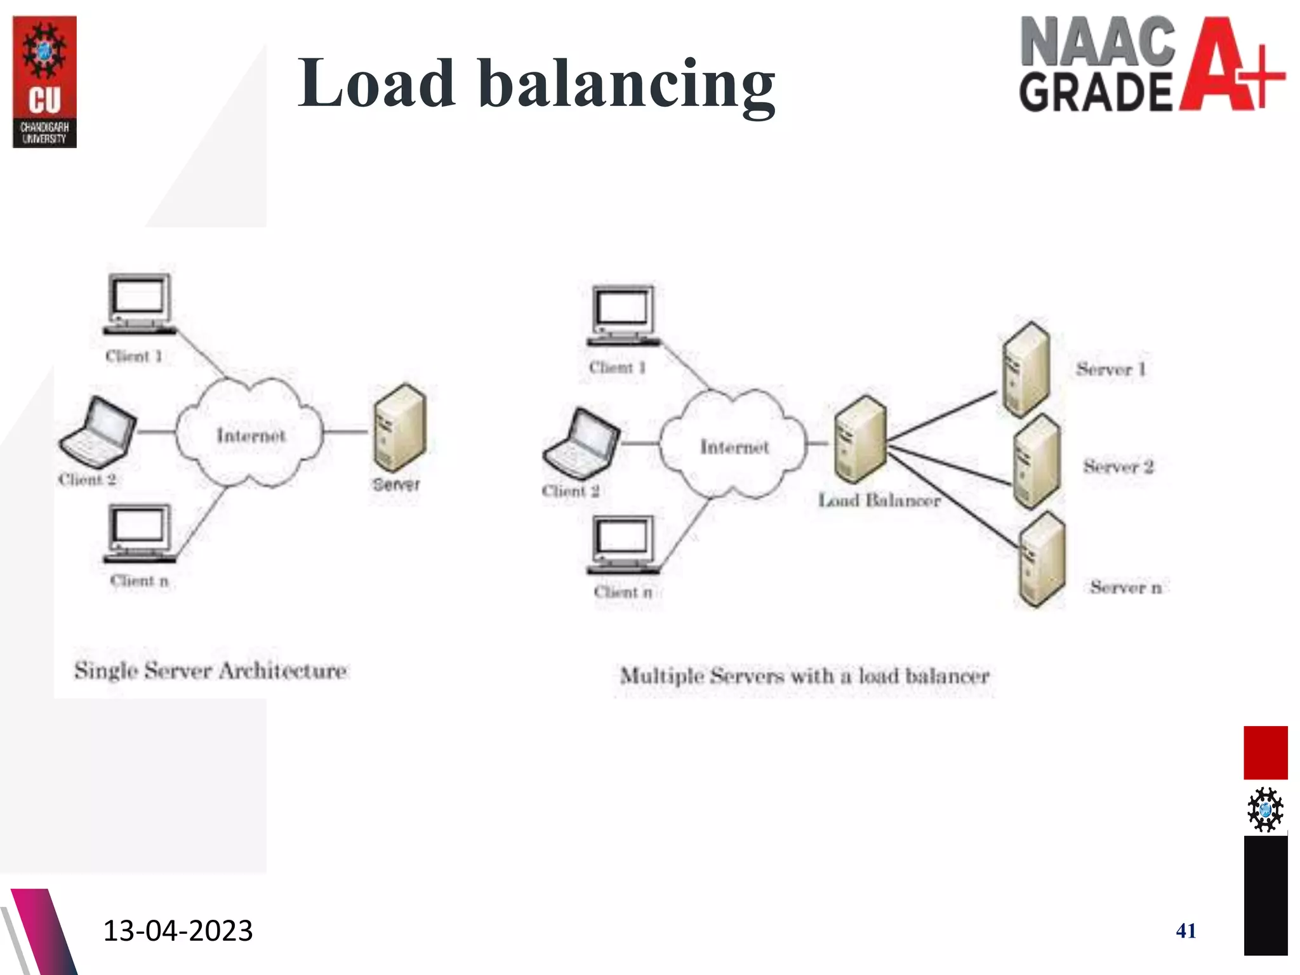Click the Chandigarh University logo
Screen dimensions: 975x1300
click(x=44, y=82)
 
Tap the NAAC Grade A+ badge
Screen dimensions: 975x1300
click(x=1151, y=64)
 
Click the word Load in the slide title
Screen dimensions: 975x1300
click(x=376, y=83)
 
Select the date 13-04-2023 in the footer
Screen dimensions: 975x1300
click(x=178, y=931)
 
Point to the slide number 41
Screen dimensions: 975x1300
click(x=1186, y=931)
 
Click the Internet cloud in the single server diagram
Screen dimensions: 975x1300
click(x=249, y=434)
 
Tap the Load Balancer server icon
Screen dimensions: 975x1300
click(x=859, y=440)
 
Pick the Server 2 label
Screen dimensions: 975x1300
click(x=1118, y=467)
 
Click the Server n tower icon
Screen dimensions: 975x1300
click(x=1041, y=561)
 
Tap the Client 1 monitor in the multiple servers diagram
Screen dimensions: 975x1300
click(x=623, y=315)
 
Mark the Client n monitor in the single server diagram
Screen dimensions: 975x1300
click(x=139, y=533)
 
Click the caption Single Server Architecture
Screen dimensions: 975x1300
click(x=211, y=671)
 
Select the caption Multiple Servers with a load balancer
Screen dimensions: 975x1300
click(x=804, y=676)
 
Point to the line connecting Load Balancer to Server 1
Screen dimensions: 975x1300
click(x=943, y=416)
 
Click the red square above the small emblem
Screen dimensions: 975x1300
click(x=1265, y=752)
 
